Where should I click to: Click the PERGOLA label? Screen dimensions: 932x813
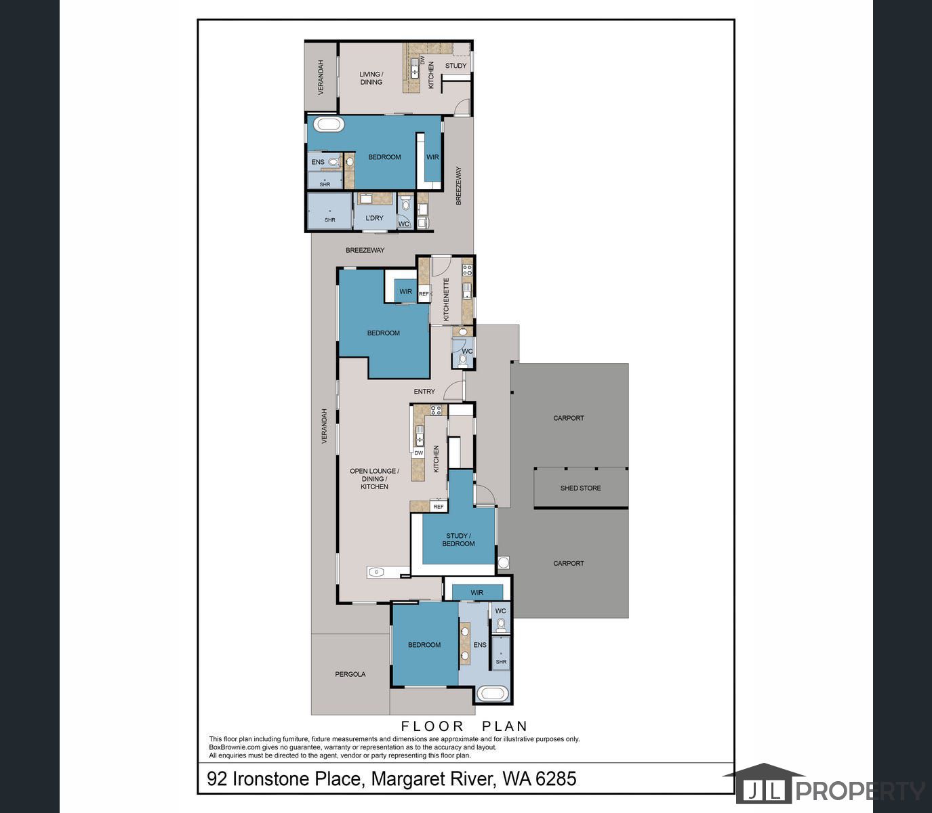click(x=350, y=674)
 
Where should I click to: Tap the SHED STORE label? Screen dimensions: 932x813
click(x=580, y=488)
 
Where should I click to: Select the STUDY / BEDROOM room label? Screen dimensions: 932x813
click(x=458, y=539)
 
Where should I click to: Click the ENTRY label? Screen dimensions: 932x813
click(x=424, y=392)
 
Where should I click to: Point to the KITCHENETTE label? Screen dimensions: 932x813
click(x=447, y=299)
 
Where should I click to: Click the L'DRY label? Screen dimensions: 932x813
click(x=374, y=218)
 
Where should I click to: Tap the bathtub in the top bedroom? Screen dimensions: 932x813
click(x=329, y=125)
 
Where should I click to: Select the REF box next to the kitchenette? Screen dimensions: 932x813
click(x=424, y=294)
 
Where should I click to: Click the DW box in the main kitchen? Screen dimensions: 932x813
click(x=418, y=453)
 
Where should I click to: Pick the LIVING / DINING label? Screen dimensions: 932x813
click(x=371, y=78)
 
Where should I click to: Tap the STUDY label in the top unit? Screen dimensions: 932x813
click(x=455, y=66)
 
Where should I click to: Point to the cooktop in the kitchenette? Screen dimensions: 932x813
click(x=468, y=270)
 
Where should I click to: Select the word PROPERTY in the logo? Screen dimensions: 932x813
click(x=860, y=791)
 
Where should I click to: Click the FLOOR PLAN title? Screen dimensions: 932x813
click(x=464, y=726)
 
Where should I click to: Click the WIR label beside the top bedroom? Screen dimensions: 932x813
click(x=432, y=157)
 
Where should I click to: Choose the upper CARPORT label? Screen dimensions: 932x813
click(x=569, y=418)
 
